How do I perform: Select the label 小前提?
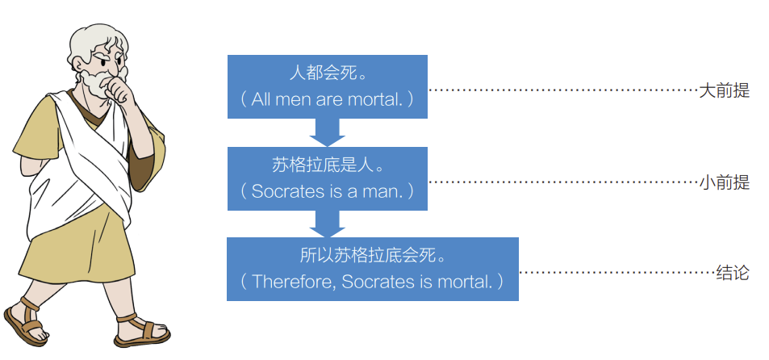[x=724, y=183]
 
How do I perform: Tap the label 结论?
[x=733, y=273]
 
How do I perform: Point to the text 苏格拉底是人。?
[x=327, y=167]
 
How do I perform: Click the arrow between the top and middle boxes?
[x=327, y=132]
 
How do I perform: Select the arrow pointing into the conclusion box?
[x=327, y=223]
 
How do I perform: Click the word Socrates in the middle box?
[x=284, y=191]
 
